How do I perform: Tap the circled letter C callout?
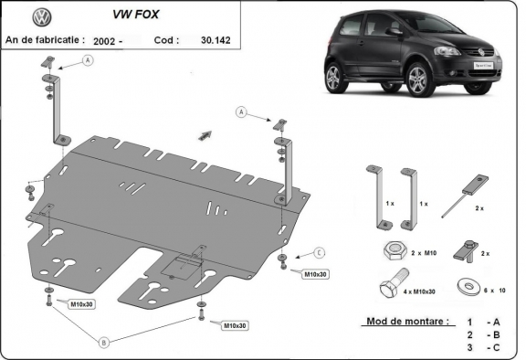[x=320, y=252]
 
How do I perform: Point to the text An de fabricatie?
[x=45, y=40]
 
